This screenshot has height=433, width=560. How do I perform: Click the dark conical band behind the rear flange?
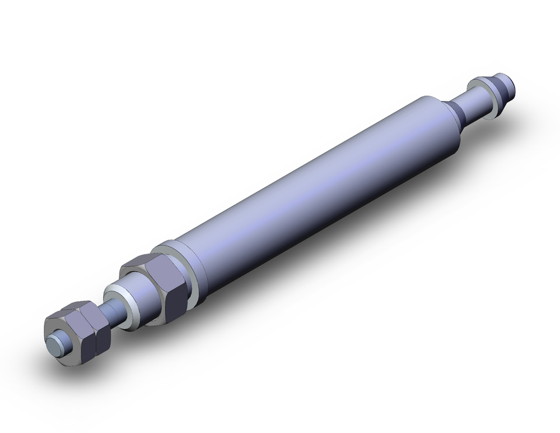[x=502, y=90]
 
